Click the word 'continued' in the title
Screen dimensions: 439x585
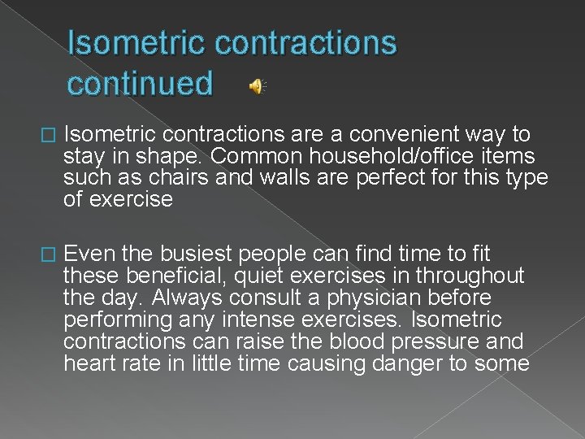(x=141, y=83)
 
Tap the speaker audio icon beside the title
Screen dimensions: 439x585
(x=258, y=87)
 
